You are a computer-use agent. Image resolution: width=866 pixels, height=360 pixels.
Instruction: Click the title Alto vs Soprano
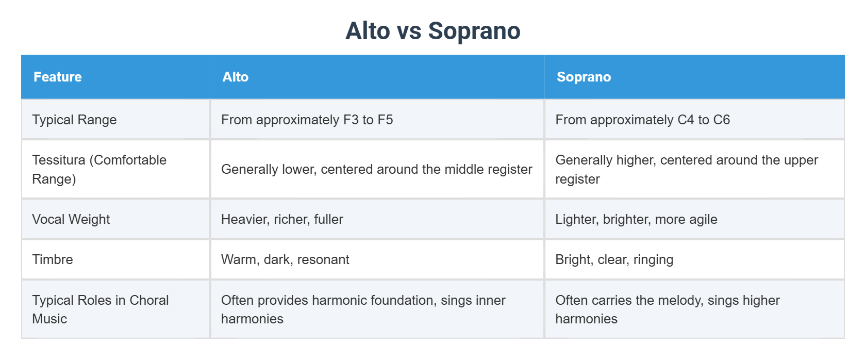pyautogui.click(x=432, y=31)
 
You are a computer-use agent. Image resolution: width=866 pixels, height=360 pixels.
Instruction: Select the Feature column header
pyautogui.click(x=58, y=77)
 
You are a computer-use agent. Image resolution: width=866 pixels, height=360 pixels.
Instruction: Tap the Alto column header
pyautogui.click(x=235, y=77)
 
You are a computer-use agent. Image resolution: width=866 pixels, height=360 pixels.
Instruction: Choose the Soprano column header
pyautogui.click(x=584, y=77)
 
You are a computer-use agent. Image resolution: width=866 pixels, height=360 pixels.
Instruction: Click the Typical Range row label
pyautogui.click(x=74, y=120)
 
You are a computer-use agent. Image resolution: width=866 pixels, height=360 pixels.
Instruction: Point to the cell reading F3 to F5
pyautogui.click(x=307, y=120)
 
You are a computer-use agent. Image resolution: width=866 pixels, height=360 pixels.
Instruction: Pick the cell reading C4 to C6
pyautogui.click(x=642, y=120)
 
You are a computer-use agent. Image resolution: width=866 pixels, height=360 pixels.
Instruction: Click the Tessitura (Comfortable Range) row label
pyautogui.click(x=99, y=169)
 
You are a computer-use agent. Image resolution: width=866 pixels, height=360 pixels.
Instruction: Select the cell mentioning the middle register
pyautogui.click(x=376, y=169)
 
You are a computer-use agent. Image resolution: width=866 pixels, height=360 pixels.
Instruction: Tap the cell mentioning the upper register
pyautogui.click(x=686, y=169)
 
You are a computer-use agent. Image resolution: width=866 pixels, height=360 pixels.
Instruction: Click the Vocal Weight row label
pyautogui.click(x=71, y=219)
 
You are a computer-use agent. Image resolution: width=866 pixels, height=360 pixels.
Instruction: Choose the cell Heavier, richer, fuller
pyautogui.click(x=282, y=219)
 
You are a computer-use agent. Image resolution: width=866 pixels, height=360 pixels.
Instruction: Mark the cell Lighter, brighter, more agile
pyautogui.click(x=636, y=219)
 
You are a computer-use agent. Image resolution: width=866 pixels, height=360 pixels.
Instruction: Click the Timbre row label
pyautogui.click(x=53, y=259)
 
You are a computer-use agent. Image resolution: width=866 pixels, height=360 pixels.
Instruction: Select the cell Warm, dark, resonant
pyautogui.click(x=285, y=259)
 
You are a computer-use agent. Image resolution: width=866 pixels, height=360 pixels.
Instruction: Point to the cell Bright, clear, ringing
pyautogui.click(x=614, y=259)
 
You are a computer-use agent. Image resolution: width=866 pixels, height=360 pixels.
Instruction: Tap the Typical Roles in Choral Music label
pyautogui.click(x=100, y=309)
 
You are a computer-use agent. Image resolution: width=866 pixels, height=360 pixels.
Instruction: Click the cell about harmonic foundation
pyautogui.click(x=363, y=309)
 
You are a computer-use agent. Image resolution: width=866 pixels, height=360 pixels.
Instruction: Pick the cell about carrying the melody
pyautogui.click(x=667, y=309)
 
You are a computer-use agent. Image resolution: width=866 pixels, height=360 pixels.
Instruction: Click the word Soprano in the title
pyautogui.click(x=474, y=31)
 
